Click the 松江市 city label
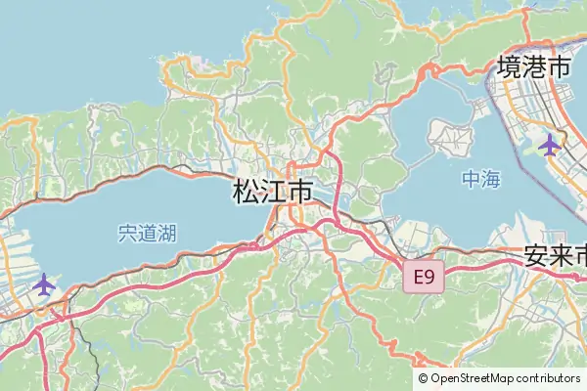point(274,192)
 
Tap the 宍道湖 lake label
point(147,234)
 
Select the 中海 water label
point(481,180)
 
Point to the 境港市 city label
point(534,67)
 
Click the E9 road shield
point(424,278)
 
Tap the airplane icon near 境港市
point(550,146)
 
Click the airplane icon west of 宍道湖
point(44,284)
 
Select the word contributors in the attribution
point(550,378)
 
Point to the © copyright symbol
point(423,378)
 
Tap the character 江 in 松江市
point(274,192)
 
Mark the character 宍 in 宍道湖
point(126,234)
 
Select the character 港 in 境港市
point(534,67)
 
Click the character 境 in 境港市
point(509,67)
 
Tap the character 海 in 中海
point(492,180)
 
